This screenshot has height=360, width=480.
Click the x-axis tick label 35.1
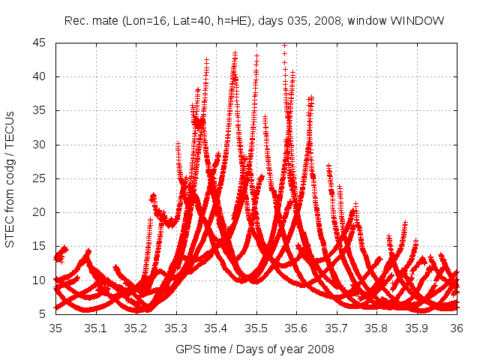[96, 328]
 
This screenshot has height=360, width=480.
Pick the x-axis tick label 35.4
[216, 328]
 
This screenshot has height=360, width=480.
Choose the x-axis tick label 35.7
[337, 328]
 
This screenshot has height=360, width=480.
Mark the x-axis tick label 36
[457, 328]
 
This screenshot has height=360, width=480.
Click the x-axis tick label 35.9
[417, 328]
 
